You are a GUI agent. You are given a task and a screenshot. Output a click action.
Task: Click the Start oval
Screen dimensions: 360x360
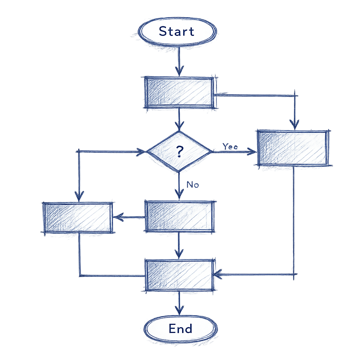pos(176,31)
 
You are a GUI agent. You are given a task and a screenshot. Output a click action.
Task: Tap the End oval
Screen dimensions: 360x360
pos(180,329)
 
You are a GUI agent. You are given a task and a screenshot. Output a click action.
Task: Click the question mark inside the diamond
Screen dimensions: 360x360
pos(179,152)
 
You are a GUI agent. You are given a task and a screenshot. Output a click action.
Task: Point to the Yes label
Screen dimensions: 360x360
pos(230,147)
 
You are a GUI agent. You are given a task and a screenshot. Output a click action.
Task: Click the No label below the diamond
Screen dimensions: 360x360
pos(193,184)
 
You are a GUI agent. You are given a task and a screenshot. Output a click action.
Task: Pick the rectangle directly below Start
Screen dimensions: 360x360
pos(179,92)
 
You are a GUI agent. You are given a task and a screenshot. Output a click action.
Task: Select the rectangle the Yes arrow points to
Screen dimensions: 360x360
pos(294,148)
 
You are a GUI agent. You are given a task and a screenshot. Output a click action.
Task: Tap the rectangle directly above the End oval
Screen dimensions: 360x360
pos(179,275)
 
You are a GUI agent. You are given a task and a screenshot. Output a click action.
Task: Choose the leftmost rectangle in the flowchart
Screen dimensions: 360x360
pos(78,217)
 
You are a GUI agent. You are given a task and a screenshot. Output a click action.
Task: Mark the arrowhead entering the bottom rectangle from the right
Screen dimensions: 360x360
pos(218,274)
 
